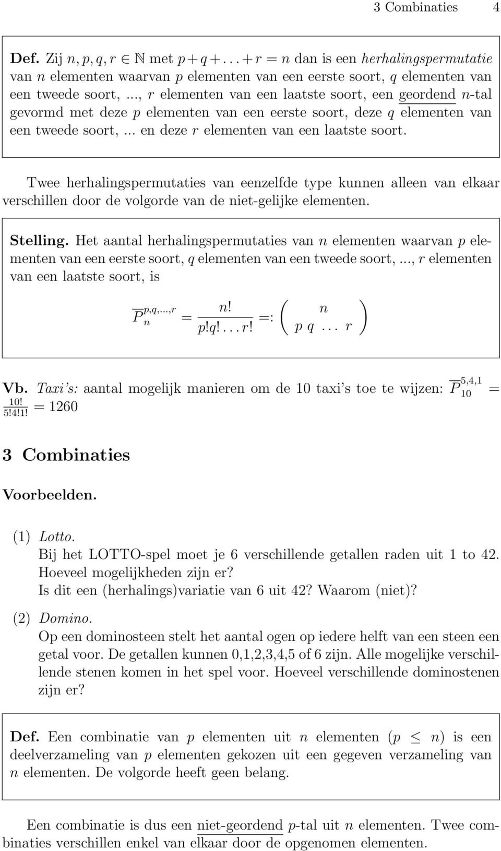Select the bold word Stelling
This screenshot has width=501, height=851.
(x=37, y=241)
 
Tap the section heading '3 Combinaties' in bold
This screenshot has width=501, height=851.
(x=66, y=454)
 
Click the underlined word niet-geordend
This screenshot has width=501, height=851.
(x=240, y=825)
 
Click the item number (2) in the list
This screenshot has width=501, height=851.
(x=21, y=619)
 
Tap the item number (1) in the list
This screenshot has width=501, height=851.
(x=21, y=537)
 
